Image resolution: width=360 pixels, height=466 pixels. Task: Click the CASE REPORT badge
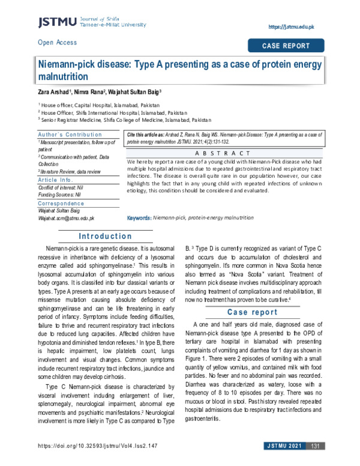pos(286,46)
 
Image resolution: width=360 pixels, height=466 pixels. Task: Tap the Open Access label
pos(57,43)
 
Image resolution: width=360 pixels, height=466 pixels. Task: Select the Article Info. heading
pos(57,180)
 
